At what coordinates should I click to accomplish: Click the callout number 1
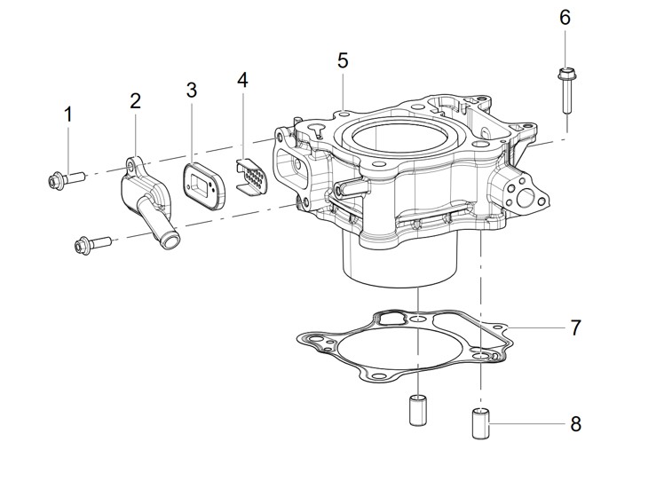coord(67,114)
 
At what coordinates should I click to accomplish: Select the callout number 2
coord(136,101)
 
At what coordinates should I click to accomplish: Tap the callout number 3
coord(192,90)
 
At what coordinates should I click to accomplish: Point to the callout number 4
coord(242,80)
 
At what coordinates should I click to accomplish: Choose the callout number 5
coord(343,60)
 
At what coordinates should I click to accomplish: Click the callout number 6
coord(565,18)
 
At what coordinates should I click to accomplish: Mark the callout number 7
coord(575,327)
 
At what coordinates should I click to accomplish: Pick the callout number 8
coord(575,424)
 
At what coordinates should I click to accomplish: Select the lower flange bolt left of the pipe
coord(92,245)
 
